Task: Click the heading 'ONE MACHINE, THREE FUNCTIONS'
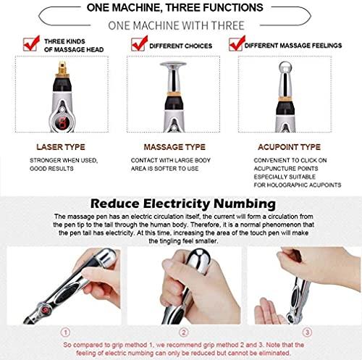point(180,8)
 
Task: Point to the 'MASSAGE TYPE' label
point(175,147)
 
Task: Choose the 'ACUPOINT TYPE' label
point(290,147)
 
